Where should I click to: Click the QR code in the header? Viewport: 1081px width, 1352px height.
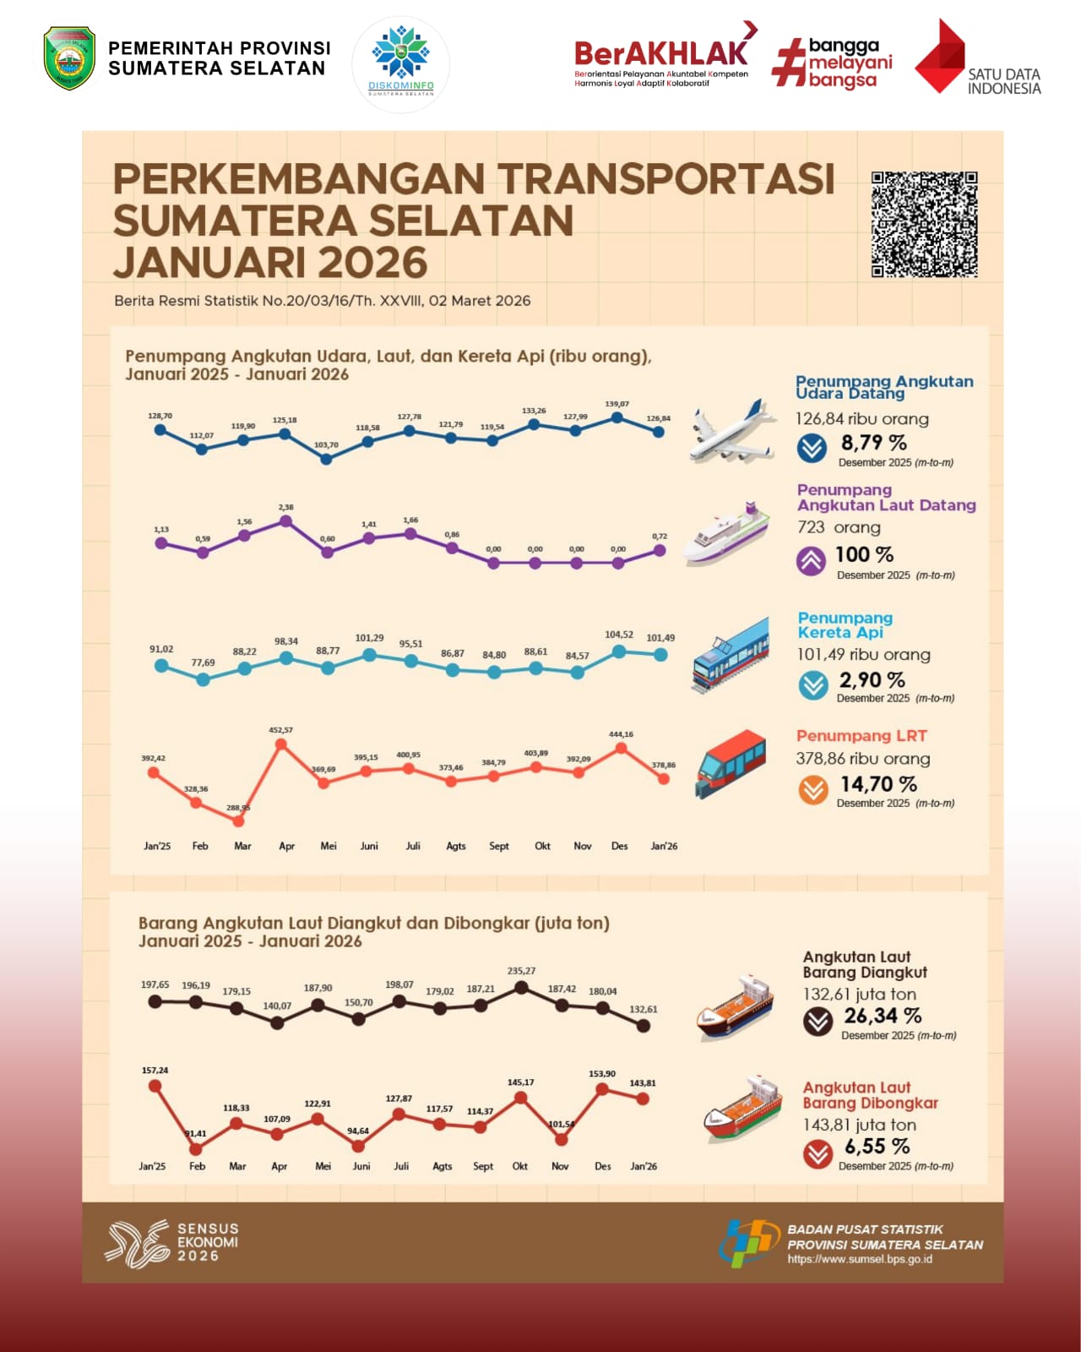click(924, 225)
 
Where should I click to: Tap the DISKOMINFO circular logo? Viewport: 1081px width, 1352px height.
click(401, 64)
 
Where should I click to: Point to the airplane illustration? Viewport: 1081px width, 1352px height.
click(731, 432)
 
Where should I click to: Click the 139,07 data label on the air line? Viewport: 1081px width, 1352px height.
click(617, 405)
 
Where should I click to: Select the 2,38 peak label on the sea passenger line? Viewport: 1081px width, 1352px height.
click(285, 508)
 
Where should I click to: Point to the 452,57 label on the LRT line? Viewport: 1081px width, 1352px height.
click(280, 730)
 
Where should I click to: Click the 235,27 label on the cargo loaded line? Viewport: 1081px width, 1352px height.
click(521, 972)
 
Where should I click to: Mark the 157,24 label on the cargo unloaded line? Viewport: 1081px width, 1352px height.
click(155, 1071)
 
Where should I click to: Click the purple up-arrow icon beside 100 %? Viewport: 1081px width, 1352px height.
click(811, 561)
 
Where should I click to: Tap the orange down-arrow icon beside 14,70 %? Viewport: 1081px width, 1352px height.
click(813, 790)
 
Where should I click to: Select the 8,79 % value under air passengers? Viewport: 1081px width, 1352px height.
click(873, 443)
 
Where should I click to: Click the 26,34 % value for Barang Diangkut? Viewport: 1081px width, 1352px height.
click(883, 1016)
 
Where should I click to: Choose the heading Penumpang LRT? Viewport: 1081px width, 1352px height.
click(861, 736)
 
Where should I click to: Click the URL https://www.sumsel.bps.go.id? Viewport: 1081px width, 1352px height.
click(860, 1259)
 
